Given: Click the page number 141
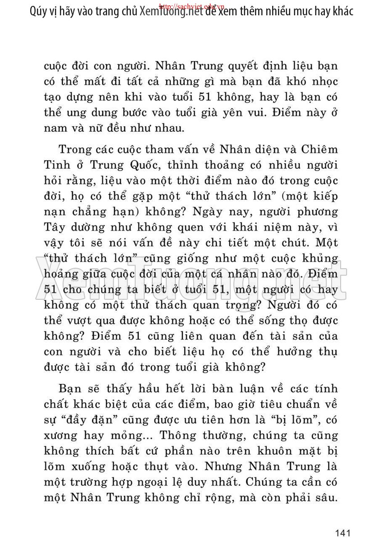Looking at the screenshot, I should tap(343, 533).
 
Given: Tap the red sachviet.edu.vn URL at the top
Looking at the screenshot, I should tap(192, 7).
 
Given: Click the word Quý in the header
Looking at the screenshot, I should tap(39, 12).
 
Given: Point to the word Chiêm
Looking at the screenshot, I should tap(317, 149).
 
